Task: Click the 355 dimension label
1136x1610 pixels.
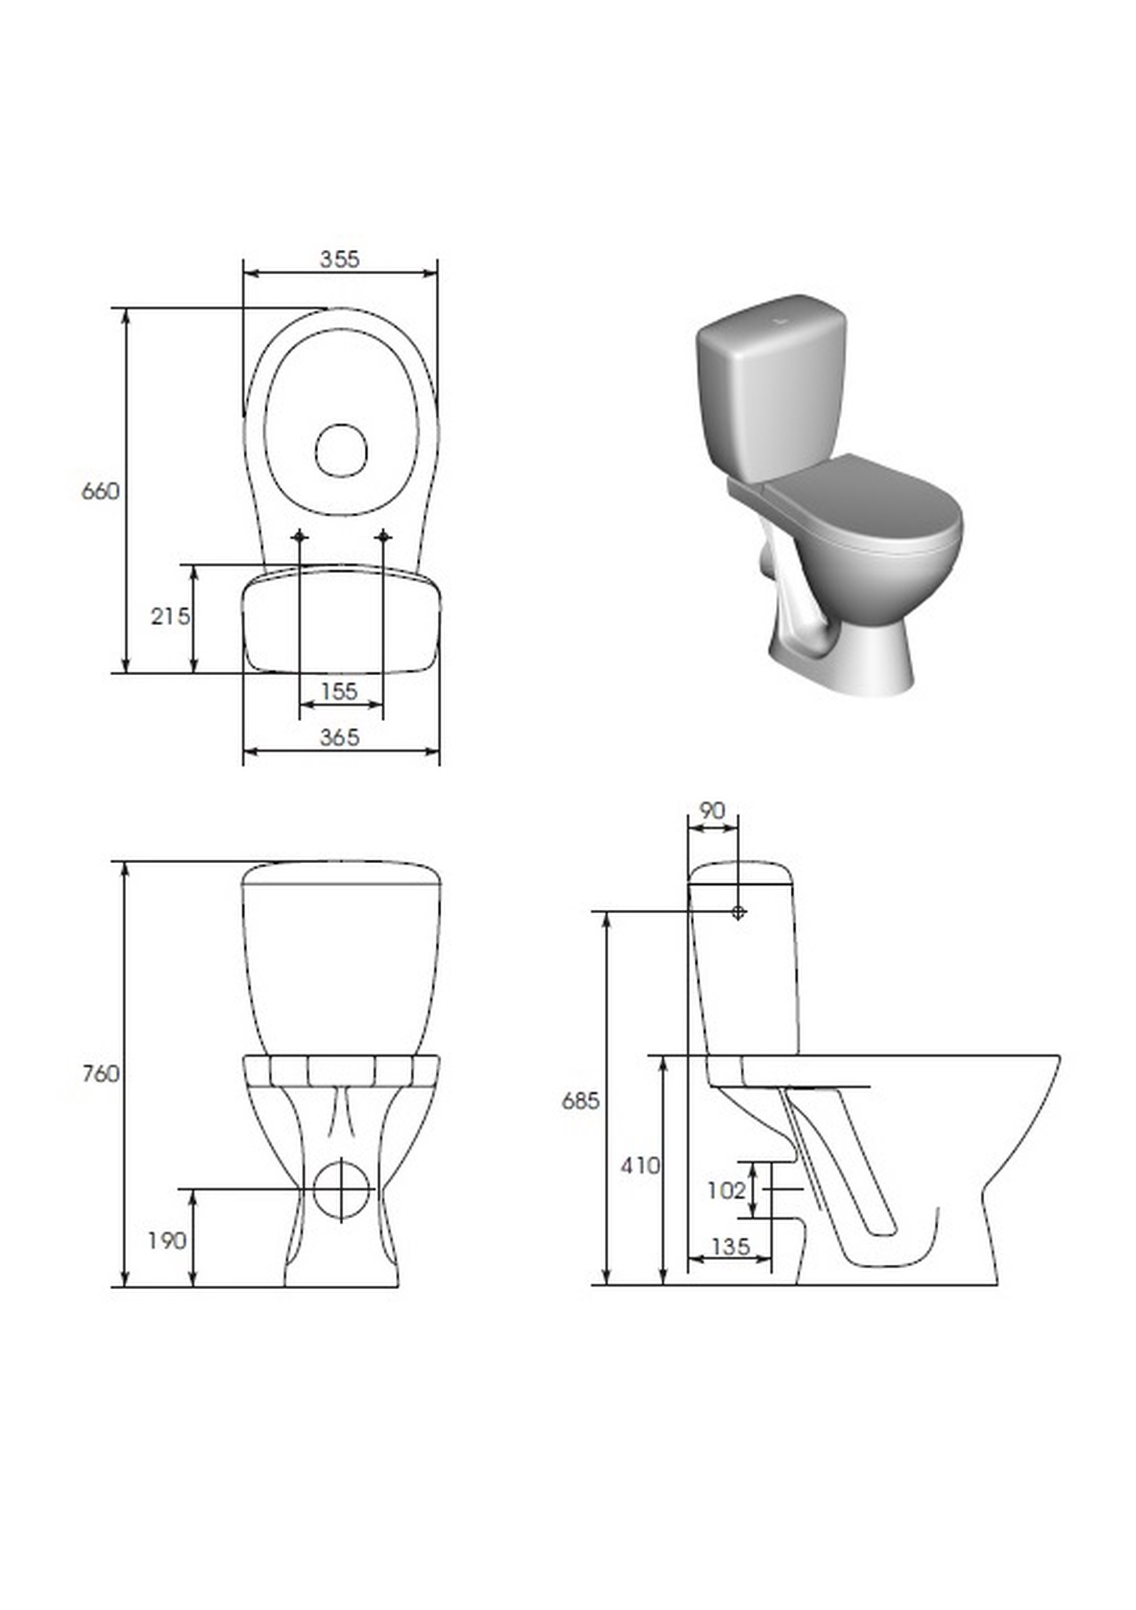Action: (x=340, y=260)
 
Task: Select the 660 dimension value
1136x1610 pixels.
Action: (x=101, y=492)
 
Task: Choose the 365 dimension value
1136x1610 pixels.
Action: (x=340, y=738)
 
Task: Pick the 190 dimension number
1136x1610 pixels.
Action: (x=167, y=1241)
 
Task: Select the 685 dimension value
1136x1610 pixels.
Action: (x=580, y=1101)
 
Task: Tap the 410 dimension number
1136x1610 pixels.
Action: (x=640, y=1165)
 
